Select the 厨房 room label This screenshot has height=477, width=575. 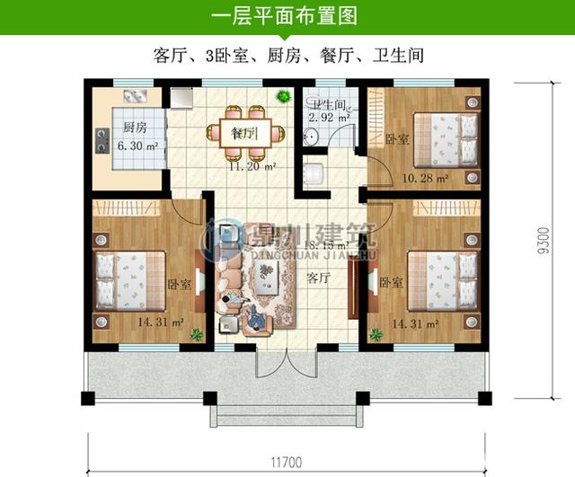(x=135, y=127)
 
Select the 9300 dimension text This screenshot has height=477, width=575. (x=541, y=241)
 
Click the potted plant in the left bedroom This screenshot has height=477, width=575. (x=195, y=335)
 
